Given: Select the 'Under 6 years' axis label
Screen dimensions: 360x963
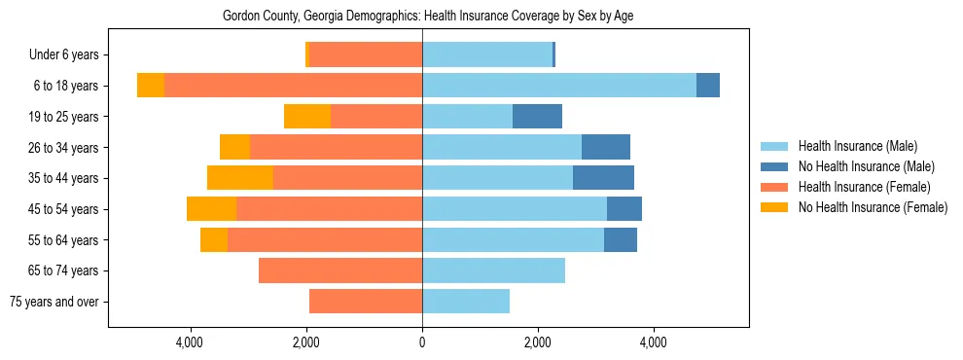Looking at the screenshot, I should coord(64,54).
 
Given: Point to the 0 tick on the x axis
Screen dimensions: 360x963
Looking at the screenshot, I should coord(422,342).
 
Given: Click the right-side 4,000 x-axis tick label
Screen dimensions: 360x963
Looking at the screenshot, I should coord(654,342).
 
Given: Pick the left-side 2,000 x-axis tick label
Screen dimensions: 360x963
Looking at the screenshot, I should coord(306,342).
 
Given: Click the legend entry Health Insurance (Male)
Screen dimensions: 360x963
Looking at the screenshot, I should coord(857,146).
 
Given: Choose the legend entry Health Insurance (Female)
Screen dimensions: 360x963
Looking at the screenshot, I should coord(864,187).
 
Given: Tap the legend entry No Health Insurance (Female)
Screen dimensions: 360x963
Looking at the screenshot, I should coord(873,207).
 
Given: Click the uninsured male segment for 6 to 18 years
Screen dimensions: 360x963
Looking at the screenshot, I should coord(708,86).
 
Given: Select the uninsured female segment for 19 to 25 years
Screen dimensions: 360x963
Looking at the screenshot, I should coord(307,117).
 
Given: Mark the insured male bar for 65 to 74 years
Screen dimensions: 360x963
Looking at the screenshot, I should coord(493,270).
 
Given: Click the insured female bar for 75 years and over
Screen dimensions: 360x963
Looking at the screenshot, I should coord(366,302).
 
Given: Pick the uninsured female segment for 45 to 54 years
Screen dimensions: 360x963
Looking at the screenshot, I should coord(211,209).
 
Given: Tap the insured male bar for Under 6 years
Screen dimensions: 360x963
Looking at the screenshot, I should coord(487,54).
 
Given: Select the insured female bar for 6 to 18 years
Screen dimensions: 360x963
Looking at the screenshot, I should coord(293,86).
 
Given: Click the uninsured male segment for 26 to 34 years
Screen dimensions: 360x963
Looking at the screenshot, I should coord(606,147).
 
